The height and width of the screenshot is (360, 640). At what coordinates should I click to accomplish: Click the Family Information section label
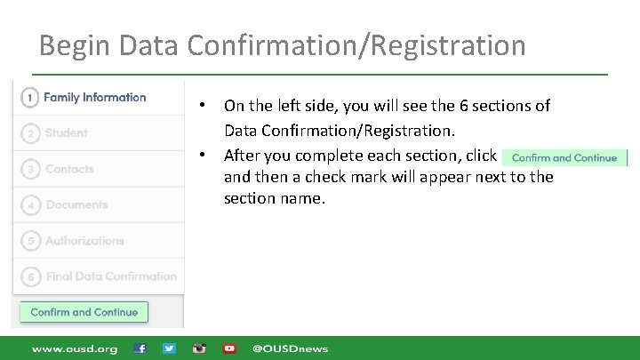point(94,97)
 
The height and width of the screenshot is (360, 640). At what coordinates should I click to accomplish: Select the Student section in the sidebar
point(67,133)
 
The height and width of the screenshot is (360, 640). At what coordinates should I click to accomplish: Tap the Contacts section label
point(69,169)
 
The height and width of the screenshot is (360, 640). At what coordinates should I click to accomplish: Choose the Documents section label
point(76,204)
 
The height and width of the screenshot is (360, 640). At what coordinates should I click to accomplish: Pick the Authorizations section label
point(84,241)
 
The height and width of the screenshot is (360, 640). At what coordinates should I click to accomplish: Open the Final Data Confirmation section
point(111,276)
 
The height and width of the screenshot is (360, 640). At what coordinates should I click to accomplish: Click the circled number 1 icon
point(30,98)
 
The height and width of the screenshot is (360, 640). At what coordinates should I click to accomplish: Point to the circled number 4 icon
point(30,205)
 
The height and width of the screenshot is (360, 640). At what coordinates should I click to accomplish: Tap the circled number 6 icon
point(30,277)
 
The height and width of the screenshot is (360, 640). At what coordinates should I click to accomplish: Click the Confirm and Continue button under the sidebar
point(84,312)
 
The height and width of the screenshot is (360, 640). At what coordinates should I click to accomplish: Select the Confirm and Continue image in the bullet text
point(564,158)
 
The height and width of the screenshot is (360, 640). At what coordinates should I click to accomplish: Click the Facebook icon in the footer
point(140,348)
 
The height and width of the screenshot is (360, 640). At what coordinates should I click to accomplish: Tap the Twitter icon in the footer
point(170,348)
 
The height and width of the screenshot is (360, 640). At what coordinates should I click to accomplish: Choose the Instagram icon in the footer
point(200,348)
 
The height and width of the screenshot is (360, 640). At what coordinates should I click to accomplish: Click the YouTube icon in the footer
point(229,348)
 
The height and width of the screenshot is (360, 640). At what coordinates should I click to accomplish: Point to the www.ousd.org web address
point(75,348)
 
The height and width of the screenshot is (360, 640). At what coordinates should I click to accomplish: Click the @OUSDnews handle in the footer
point(290,348)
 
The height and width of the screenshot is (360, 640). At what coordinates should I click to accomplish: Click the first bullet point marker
point(203,106)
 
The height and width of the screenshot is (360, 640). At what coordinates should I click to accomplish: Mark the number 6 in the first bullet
point(464,106)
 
